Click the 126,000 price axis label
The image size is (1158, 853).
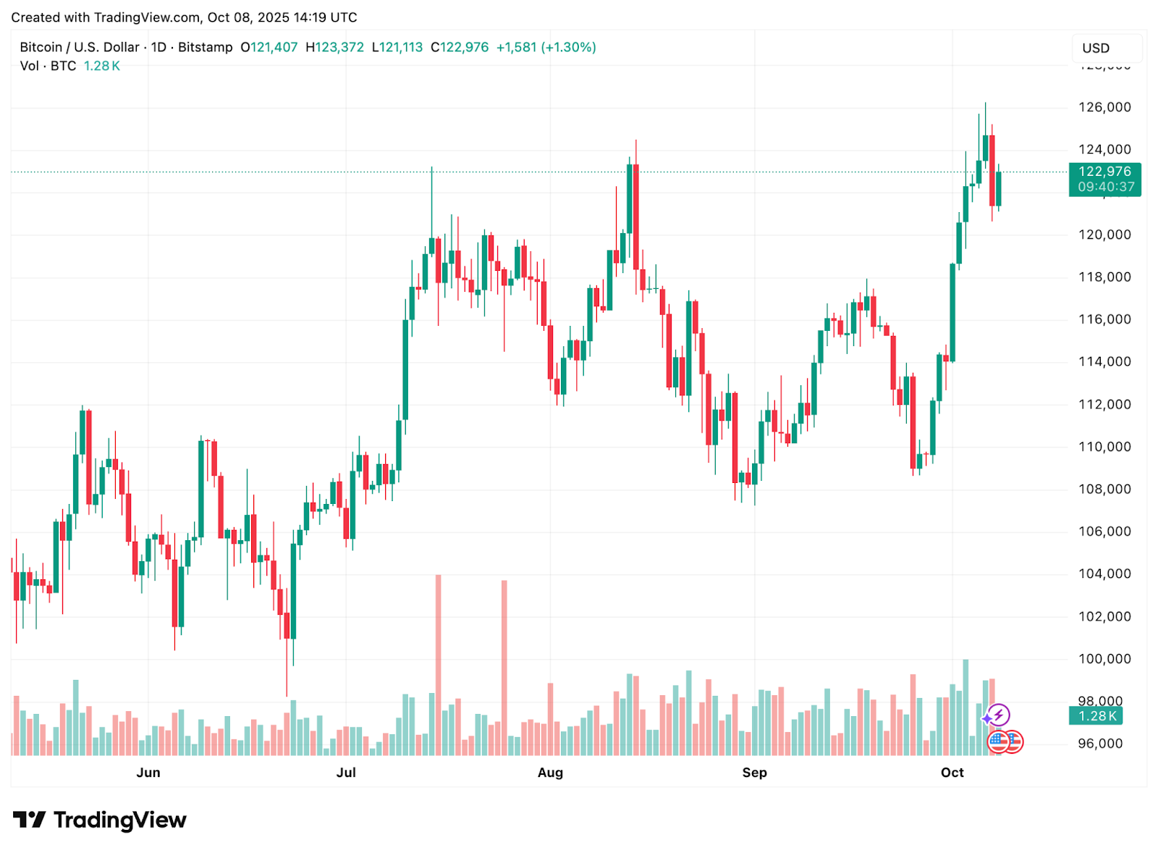click(1104, 107)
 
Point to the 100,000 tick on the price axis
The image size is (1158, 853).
click(1104, 659)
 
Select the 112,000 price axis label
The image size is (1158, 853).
click(1104, 404)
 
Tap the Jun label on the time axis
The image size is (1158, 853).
click(148, 773)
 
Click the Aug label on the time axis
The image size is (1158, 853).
click(550, 773)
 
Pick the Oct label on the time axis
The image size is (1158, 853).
click(952, 773)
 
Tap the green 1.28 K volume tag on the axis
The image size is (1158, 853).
click(1096, 716)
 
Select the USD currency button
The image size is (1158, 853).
click(1096, 49)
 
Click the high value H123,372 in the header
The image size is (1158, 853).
click(334, 47)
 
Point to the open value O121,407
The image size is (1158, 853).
click(269, 47)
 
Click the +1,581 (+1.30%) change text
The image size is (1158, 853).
click(546, 47)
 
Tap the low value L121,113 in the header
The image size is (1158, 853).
click(397, 47)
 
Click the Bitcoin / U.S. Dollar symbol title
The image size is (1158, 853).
click(80, 47)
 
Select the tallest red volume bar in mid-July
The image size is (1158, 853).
click(438, 665)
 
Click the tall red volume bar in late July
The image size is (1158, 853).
click(504, 668)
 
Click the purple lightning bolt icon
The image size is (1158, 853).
click(999, 715)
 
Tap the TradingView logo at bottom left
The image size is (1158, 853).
click(100, 820)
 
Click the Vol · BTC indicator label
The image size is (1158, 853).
click(48, 66)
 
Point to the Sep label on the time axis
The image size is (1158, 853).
click(754, 773)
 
